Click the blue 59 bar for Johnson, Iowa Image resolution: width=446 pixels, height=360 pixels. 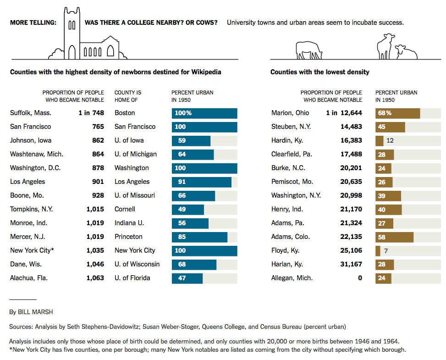pos(191,141)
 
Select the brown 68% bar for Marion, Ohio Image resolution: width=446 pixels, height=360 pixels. pos(398,113)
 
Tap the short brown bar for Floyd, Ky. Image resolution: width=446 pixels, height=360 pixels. pos(378,251)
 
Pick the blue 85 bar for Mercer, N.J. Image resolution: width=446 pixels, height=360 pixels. pos(199,237)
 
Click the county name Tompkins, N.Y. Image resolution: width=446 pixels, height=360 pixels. pos(31,209)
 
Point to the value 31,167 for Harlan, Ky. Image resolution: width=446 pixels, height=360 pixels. pos(351,264)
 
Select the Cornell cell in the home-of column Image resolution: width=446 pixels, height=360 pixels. pos(125,209)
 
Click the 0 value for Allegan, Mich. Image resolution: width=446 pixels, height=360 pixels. pos(360,278)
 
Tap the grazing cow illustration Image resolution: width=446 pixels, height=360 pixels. pos(309,50)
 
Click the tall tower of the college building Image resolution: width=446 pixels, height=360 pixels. pos(72,33)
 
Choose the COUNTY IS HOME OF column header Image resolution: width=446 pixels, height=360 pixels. pos(128,96)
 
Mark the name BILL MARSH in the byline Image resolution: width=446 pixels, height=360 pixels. pos(35,312)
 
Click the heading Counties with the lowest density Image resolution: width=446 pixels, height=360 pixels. pos(319,72)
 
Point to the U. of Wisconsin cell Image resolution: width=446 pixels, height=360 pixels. pos(137,264)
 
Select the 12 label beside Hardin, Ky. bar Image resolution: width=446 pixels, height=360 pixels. pos(390,141)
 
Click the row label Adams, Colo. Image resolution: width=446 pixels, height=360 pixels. pos(291,237)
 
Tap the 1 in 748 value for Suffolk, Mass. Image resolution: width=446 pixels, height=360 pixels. pos(91,113)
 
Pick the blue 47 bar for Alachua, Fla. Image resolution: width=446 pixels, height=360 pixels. pos(187,278)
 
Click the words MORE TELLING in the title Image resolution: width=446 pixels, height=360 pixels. pos(33,22)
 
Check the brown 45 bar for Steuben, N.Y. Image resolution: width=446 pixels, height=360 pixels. pos(390,127)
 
